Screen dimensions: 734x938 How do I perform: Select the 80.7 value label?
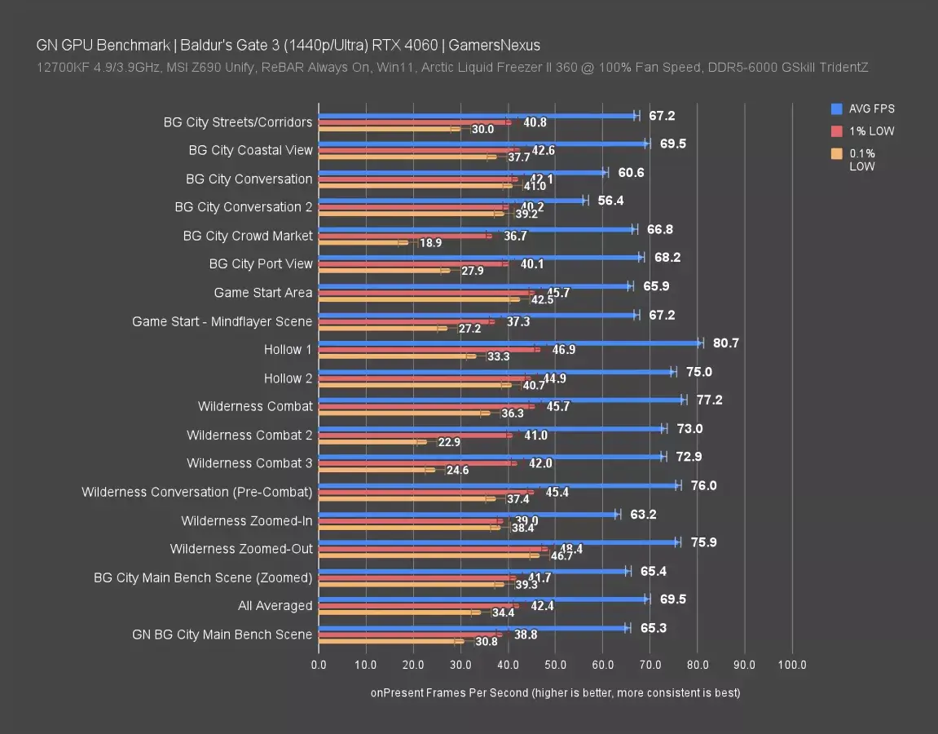[x=725, y=343]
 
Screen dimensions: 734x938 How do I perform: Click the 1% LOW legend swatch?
[x=836, y=131]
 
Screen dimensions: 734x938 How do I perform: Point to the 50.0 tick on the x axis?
[x=555, y=665]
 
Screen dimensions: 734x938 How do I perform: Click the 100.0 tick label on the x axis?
[x=792, y=665]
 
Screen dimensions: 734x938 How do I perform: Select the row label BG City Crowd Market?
[x=248, y=236]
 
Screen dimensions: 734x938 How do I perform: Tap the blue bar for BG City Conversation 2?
[x=452, y=201]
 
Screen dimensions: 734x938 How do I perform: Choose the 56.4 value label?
[x=610, y=201]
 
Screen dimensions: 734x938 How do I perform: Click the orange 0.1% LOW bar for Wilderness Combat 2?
[x=371, y=442]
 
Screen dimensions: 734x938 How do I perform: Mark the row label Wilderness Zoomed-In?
[x=246, y=520]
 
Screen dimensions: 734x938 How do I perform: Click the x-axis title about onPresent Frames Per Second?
[x=555, y=692]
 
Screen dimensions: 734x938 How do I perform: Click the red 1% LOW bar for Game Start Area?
[x=424, y=292]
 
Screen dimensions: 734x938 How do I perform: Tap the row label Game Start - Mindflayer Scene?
[x=222, y=321]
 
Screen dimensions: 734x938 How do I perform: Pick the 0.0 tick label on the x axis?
[x=319, y=665]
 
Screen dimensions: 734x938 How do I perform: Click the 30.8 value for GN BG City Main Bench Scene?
[x=486, y=642]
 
